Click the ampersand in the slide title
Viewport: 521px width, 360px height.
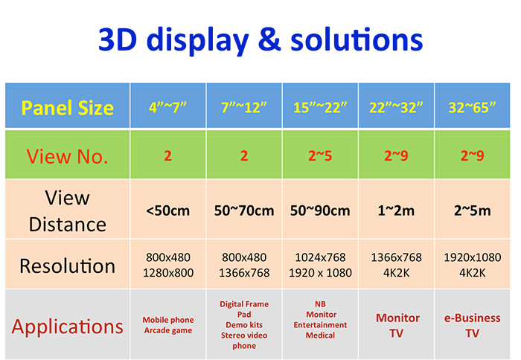click(269, 39)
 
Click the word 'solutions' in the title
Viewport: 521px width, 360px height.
click(357, 39)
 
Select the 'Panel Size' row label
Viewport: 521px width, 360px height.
click(68, 108)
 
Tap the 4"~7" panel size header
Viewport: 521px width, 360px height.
click(167, 107)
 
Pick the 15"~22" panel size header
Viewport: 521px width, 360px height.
click(320, 107)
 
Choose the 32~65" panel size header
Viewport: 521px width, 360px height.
click(472, 107)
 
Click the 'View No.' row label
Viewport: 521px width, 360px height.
click(68, 156)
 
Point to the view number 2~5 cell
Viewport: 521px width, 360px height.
click(320, 155)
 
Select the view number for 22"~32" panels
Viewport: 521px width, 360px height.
click(396, 155)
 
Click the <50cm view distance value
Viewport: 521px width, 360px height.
click(167, 210)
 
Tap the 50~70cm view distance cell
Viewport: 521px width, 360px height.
click(244, 210)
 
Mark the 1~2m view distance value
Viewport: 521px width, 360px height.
click(396, 210)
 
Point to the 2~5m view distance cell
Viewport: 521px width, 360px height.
click(472, 210)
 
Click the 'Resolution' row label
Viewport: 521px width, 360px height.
click(68, 266)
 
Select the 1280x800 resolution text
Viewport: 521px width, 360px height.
click(168, 273)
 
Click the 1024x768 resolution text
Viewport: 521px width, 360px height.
click(320, 257)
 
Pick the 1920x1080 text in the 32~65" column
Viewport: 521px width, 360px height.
click(473, 257)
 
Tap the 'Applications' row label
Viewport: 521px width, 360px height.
click(68, 327)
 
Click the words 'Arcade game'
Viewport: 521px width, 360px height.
click(168, 330)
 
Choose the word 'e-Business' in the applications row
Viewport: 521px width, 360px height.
click(472, 318)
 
